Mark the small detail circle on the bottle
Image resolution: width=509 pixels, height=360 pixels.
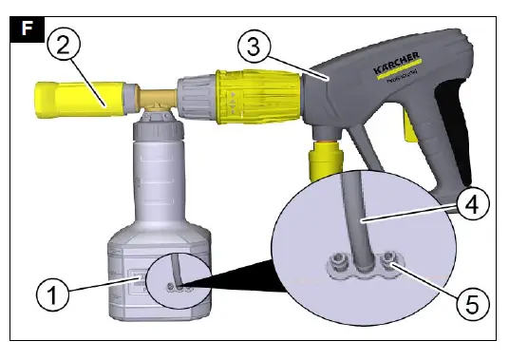click(178, 278)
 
